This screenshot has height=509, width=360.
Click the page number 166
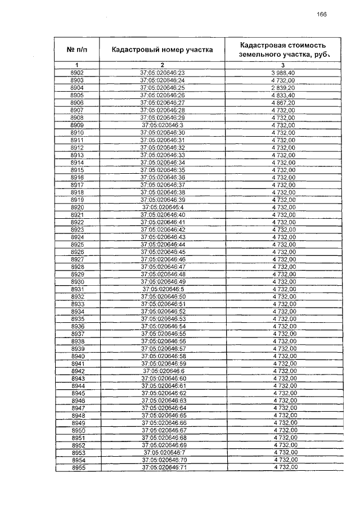[322, 14]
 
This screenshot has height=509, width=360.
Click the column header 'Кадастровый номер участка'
[162, 49]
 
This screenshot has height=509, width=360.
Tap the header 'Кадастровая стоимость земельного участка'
[283, 49]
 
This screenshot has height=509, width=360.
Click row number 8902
[77, 73]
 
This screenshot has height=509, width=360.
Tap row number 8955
[78, 467]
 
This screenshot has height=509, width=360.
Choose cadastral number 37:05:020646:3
[163, 125]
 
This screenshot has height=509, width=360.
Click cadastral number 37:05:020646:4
[163, 207]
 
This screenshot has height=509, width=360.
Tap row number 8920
[78, 207]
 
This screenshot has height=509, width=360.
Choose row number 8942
[78, 371]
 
